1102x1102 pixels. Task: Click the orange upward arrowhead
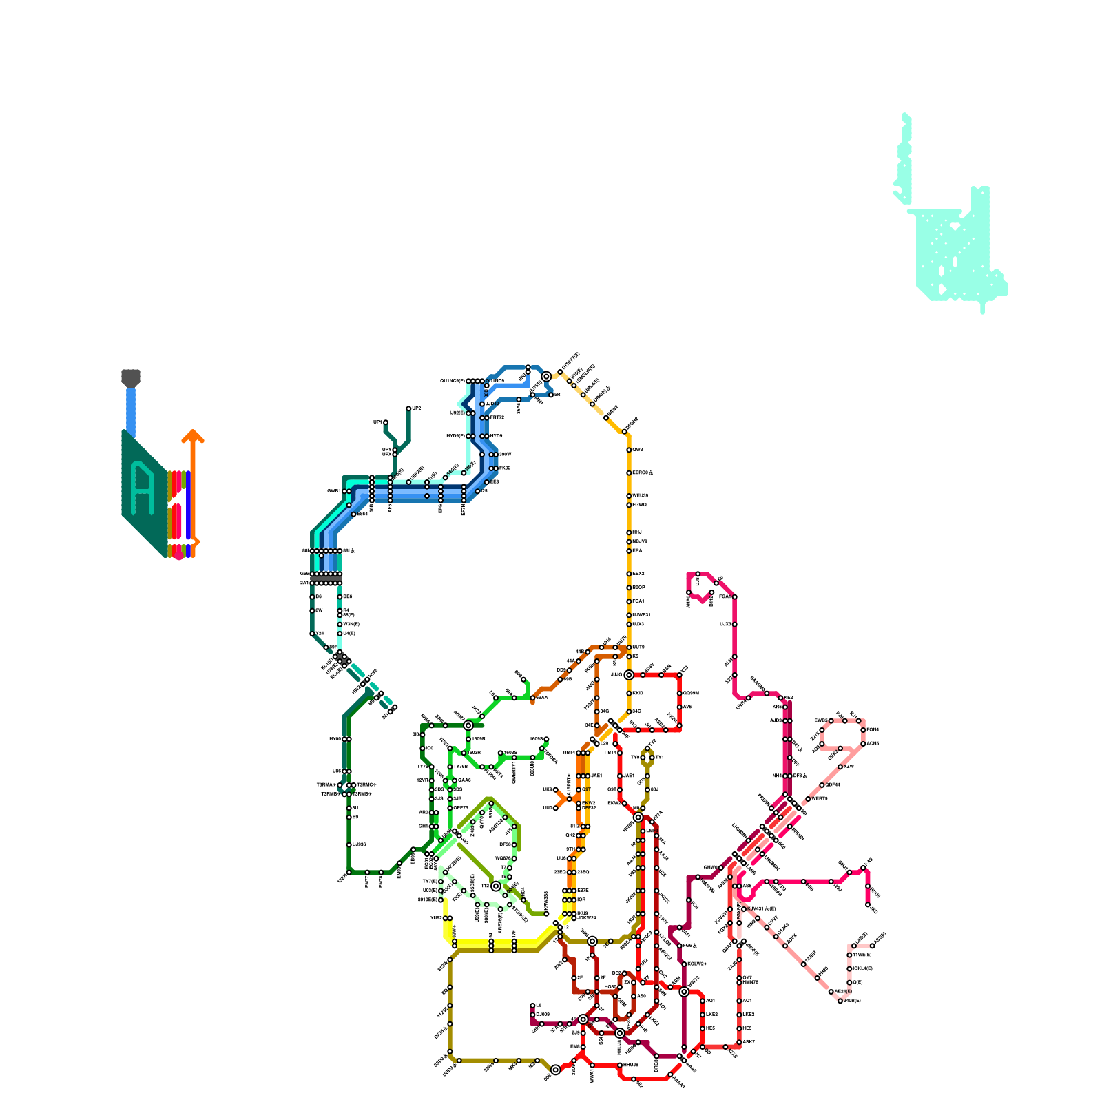tap(193, 435)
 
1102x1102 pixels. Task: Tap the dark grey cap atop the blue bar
tap(131, 377)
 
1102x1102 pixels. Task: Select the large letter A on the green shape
tap(143, 490)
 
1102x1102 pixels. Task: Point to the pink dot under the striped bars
tap(179, 556)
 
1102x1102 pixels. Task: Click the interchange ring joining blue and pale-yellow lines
tap(546, 377)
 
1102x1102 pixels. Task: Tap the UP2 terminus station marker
tap(408, 408)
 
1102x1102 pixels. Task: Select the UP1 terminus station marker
tap(386, 422)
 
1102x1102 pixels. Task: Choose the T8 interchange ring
tap(496, 886)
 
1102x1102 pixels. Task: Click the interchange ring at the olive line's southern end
tap(556, 1070)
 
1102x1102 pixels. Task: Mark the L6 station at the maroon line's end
tap(532, 1006)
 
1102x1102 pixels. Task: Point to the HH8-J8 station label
tap(630, 1065)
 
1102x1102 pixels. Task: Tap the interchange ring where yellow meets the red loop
tap(629, 675)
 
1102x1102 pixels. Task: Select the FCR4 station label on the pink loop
tap(872, 729)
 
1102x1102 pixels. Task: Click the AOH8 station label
tap(872, 744)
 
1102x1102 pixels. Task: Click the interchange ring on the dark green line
tap(468, 725)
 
